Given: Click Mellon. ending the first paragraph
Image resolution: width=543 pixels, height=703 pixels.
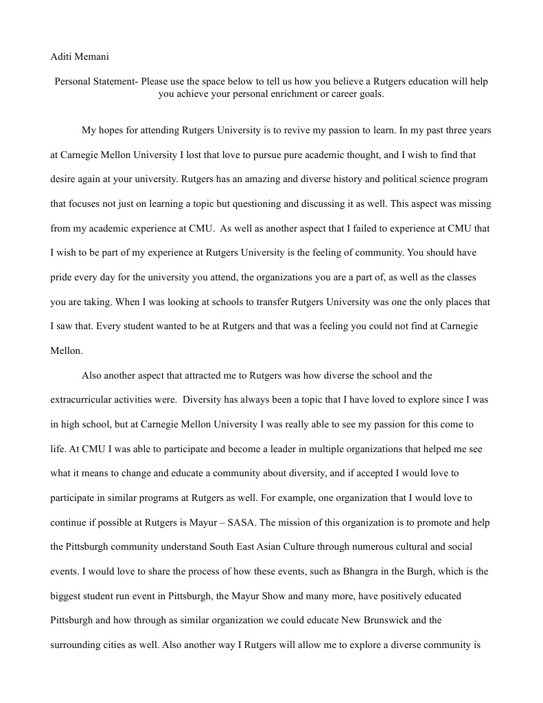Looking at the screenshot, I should coord(67,350).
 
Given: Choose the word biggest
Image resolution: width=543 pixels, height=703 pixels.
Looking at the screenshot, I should coord(67,596).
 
